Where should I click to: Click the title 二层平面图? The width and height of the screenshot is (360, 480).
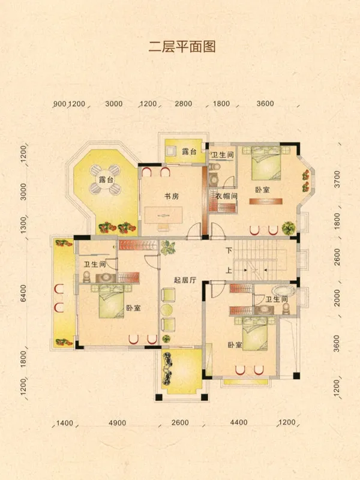coord(182,47)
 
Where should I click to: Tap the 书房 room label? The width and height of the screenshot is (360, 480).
coord(172,196)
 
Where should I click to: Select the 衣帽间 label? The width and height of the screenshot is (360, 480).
coord(227,196)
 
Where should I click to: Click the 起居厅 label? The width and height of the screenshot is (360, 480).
coord(185,280)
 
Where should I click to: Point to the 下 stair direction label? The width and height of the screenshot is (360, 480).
coord(229,250)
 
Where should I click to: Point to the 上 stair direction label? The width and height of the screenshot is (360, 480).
coord(229,271)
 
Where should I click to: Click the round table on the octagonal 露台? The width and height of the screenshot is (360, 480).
coord(106,179)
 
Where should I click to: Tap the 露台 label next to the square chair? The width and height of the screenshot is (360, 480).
coord(189,151)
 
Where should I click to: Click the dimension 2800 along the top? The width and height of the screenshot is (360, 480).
coord(184,104)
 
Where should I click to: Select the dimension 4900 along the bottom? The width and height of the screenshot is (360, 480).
coord(117,423)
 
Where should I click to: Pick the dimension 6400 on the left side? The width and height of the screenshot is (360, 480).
coord(23,293)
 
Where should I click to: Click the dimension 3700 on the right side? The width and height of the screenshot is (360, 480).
coord(337,179)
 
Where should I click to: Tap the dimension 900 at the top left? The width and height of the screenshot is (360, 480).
coord(59,104)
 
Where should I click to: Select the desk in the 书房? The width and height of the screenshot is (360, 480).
coord(163,215)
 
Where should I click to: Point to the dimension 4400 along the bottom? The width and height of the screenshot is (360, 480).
coord(238,423)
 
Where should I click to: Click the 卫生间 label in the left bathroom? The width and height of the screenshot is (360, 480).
coord(95,264)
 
